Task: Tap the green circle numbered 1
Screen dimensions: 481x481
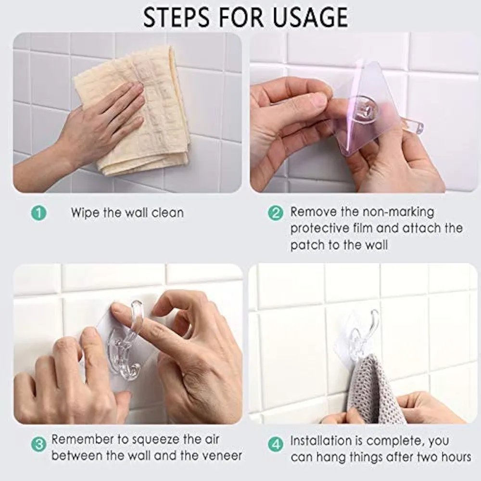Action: pyautogui.click(x=39, y=213)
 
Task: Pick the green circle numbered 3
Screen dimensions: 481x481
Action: pyautogui.click(x=39, y=444)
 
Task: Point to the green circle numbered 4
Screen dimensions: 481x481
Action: pyautogui.click(x=276, y=444)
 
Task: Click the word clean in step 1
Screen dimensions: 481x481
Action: pyautogui.click(x=167, y=213)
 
